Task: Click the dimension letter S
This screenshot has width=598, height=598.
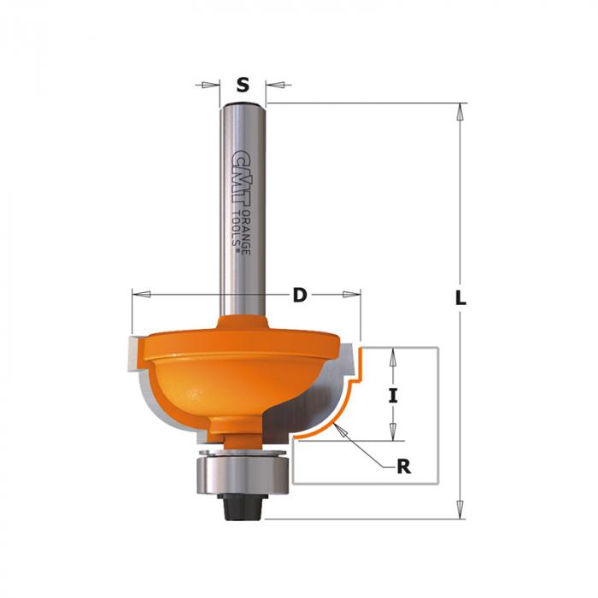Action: coord(243,85)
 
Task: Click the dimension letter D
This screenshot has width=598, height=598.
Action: coord(300,295)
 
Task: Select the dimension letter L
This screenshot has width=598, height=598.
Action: coord(460,297)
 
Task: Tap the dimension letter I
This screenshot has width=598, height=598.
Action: coord(393,395)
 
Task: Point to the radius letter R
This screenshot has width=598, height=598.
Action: coord(404,466)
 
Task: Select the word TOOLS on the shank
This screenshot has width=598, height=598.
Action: coord(237,229)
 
